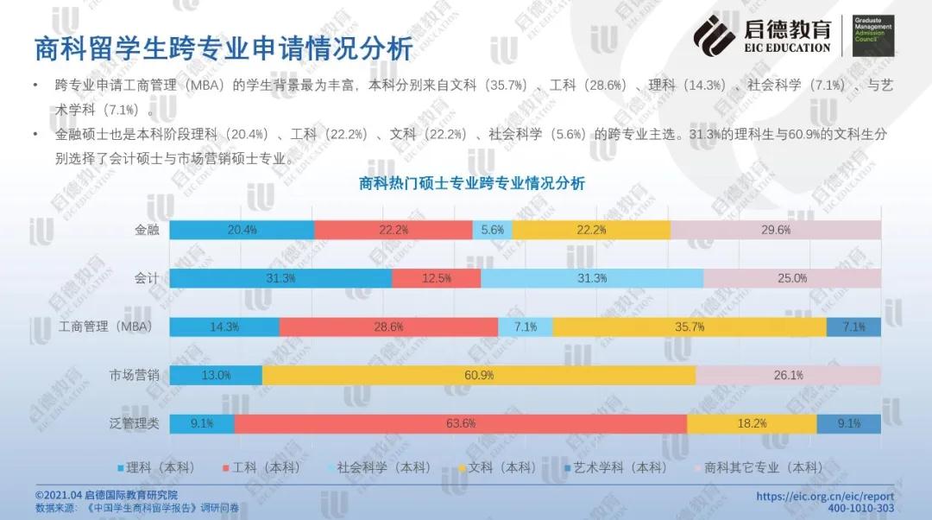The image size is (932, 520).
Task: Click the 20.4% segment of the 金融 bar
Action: coord(242,230)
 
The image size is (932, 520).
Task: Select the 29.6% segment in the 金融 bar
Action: coord(776,230)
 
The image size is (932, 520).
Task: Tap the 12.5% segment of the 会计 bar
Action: coord(437,278)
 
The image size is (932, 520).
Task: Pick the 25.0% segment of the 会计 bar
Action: coord(792,278)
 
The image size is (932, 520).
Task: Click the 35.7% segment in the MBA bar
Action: coord(690,327)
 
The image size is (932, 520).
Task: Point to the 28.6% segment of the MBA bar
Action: coord(388,327)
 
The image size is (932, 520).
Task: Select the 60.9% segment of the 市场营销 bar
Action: coord(479,375)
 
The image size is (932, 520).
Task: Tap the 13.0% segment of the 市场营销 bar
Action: coord(216,375)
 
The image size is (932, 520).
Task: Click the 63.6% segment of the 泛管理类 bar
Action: coord(460,423)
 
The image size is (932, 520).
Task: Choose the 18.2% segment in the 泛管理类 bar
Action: coord(752,423)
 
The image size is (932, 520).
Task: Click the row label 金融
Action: coord(147,230)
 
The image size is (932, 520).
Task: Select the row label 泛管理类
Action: coord(135,423)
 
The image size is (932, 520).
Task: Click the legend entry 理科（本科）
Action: coord(161,467)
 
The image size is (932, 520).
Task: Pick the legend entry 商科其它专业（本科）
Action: coord(760,467)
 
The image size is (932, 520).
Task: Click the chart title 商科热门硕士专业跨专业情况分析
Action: coord(471,183)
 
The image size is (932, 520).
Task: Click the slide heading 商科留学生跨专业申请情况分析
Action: coord(224,48)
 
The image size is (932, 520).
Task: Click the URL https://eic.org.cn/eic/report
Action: coord(825,496)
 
